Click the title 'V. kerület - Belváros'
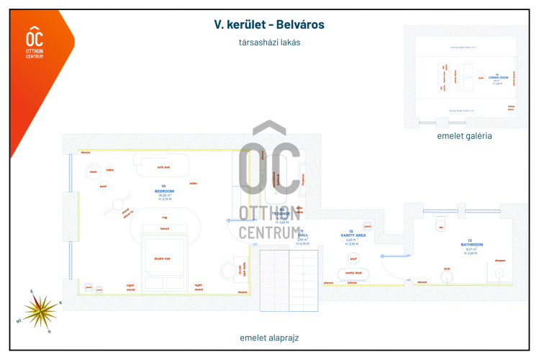269,24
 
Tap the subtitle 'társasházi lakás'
269,42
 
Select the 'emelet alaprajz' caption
269,337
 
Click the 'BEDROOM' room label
164,191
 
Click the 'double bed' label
163,259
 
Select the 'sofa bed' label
163,167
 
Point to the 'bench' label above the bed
164,228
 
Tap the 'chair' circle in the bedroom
93,172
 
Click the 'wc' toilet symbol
440,228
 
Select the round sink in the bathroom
446,270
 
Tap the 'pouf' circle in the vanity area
353,258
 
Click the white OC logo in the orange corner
34,40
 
